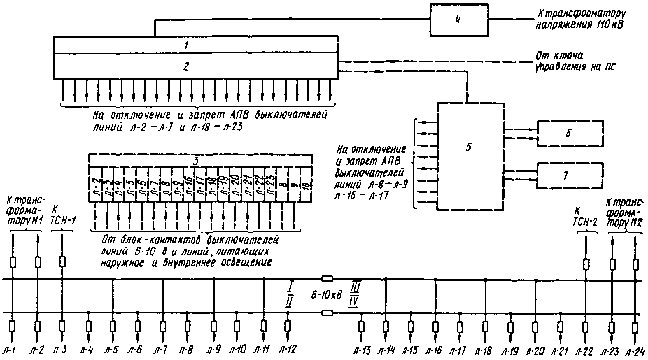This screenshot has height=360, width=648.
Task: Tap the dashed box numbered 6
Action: [x=570, y=133]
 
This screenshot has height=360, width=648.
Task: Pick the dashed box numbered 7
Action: [x=570, y=175]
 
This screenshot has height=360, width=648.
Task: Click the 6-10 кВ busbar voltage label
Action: [x=326, y=296]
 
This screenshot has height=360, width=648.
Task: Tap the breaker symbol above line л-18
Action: [x=485, y=326]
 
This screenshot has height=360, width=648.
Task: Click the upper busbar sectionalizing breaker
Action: [x=327, y=279]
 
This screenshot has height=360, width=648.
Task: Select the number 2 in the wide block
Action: [x=186, y=67]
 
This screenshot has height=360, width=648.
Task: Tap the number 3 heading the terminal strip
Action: [x=196, y=161]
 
